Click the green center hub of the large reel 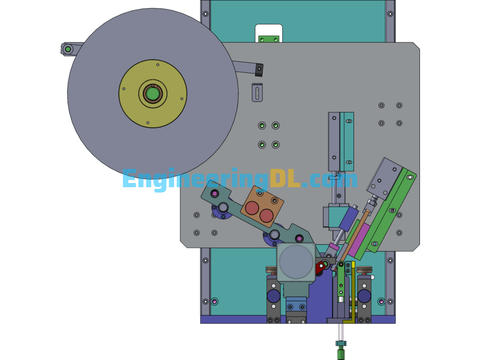click(x=152, y=94)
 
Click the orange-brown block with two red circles click(x=262, y=206)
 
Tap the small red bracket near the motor click(x=320, y=268)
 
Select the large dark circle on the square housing click(x=296, y=262)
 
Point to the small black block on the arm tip click(x=259, y=70)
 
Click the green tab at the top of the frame click(x=269, y=39)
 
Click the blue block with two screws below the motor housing click(x=296, y=307)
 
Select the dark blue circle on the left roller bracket click(x=273, y=296)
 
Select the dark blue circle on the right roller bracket click(x=364, y=296)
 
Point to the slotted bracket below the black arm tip click(x=257, y=92)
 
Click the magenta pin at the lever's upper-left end click(x=215, y=193)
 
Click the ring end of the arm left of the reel click(x=68, y=49)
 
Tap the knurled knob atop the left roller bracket click(x=272, y=270)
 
